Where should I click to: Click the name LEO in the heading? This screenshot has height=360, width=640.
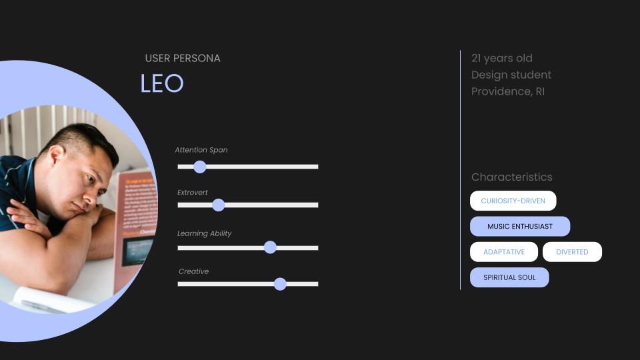pos(162,83)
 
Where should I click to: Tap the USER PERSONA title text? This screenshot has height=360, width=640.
pos(183,59)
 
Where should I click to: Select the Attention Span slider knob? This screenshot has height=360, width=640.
pos(199,167)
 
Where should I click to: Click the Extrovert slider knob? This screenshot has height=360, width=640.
pos(219,205)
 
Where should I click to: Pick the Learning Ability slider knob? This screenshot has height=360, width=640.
pos(270,247)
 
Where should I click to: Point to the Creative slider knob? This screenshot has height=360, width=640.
pos(280,284)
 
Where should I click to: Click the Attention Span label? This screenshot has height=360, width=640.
pos(201,150)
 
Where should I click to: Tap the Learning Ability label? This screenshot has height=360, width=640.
pos(204,233)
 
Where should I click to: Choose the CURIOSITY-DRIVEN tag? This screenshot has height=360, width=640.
pos(513,201)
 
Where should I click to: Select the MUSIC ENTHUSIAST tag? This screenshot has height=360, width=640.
pos(520,226)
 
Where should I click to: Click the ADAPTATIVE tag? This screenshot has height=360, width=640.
pos(504,252)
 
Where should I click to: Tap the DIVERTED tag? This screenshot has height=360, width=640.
pos(572,252)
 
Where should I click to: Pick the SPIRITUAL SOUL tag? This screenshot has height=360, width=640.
pos(509,277)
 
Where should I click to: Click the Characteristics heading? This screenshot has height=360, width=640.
pos(512,177)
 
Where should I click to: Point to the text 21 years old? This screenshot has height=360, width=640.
pos(501,59)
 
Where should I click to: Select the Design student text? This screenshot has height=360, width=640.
pos(511,75)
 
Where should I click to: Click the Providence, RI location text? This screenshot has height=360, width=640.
pos(508,91)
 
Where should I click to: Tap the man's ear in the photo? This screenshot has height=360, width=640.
pos(56,156)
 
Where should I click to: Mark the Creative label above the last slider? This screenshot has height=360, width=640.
pos(193,271)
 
